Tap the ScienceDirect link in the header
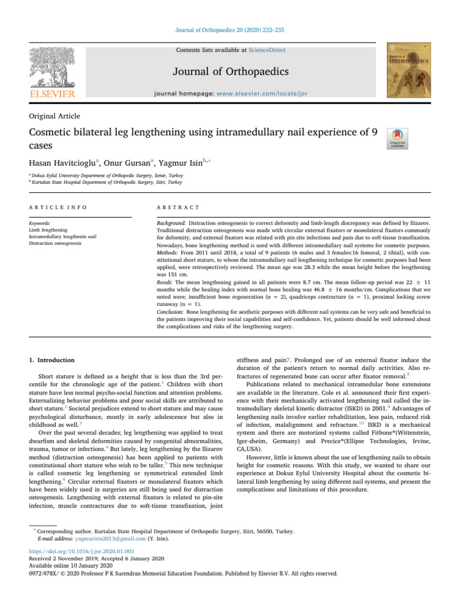(268, 50)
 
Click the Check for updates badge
(398, 138)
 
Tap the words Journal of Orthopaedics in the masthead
(231, 72)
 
